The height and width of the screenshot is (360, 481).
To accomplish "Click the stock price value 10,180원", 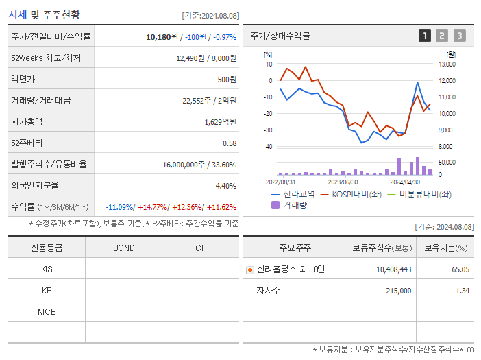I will coord(162,36).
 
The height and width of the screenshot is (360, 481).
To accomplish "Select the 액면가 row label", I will coord(24,80).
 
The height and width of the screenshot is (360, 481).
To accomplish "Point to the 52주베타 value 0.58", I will coord(230,143).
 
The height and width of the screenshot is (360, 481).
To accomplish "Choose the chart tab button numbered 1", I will coord(425,36).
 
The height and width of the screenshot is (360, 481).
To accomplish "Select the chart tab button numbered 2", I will coord(442,36).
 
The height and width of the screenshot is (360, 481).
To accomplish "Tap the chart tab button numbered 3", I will coord(459,36).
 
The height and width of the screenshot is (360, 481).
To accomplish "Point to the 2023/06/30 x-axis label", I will coord(343,182).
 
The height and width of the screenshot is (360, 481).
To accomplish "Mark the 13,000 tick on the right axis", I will coord(446,64).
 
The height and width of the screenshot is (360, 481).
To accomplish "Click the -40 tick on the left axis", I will coord(268,147).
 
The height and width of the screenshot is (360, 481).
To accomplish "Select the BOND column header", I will coord(123,248).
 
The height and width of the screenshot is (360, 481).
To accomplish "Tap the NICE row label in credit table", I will coord(47,311).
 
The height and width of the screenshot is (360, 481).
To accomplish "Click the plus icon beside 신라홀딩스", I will coord(250,269).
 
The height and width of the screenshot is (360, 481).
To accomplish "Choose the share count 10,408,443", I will coord(393,269).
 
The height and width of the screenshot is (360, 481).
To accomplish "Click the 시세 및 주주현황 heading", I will coord(44,14).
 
